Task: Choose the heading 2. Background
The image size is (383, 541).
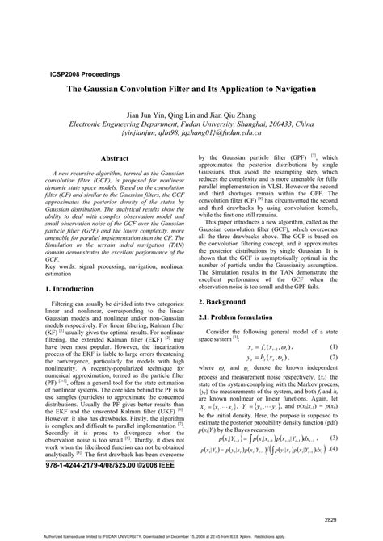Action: [227, 278]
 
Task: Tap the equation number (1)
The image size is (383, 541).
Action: [333, 325]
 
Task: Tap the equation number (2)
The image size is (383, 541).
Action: [333, 336]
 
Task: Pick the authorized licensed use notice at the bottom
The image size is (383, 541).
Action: [191, 535]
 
